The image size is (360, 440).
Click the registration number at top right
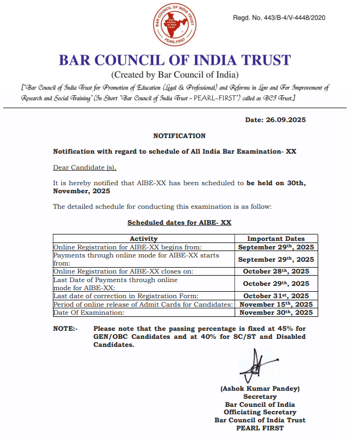pos(279,18)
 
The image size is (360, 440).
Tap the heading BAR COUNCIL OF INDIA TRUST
pos(175,60)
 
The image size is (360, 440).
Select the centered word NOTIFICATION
pos(179,136)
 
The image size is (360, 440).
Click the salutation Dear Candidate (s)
pos(85,168)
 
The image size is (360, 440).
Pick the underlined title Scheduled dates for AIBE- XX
pos(179,222)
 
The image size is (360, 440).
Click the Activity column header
pos(144,239)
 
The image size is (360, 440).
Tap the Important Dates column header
pos(276,239)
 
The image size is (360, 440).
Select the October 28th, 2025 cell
pos(276,271)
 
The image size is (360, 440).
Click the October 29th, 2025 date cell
pos(276,284)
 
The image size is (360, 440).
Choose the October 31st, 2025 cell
pos(276,296)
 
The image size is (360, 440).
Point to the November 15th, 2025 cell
pos(276,304)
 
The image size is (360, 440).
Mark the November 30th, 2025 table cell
pos(276,312)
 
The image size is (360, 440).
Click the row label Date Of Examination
pos(89,312)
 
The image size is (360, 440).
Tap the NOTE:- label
pos(65,328)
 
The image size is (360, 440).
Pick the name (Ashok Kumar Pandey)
pos(260,389)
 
